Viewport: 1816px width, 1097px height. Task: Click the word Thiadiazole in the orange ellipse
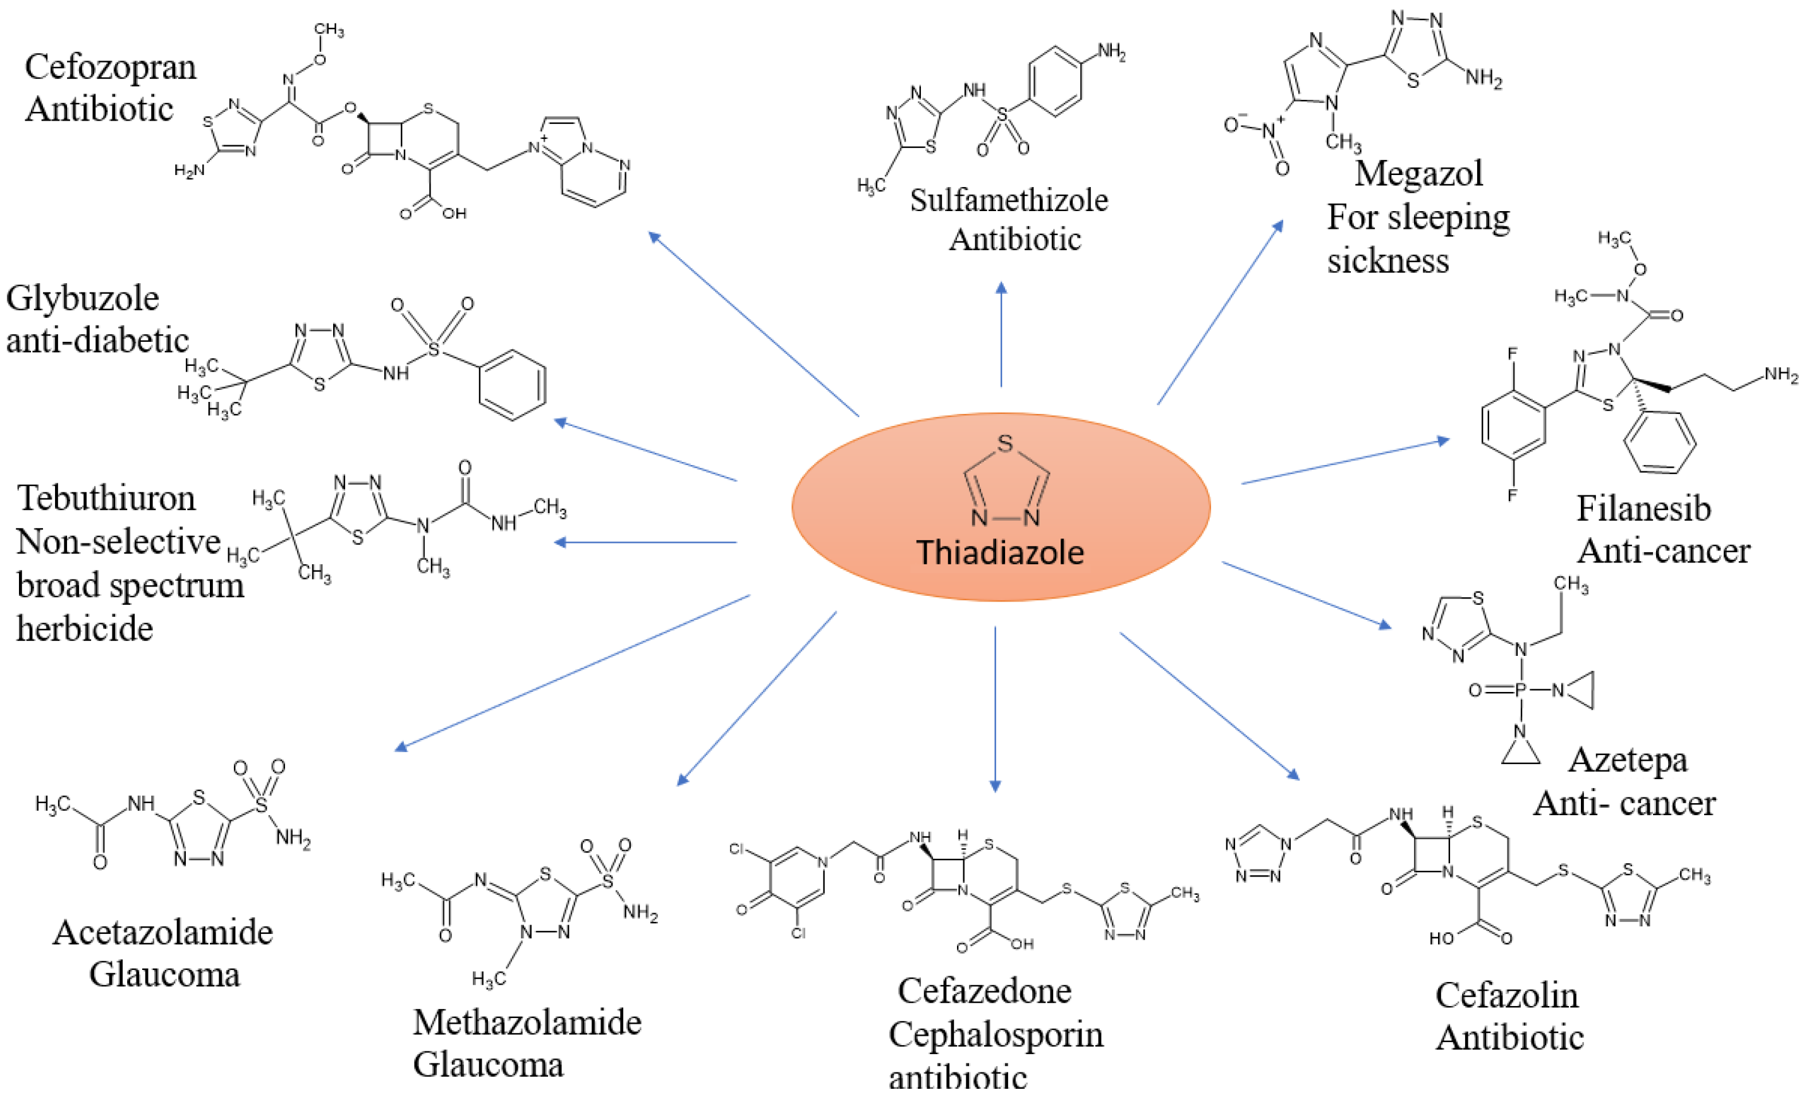(999, 552)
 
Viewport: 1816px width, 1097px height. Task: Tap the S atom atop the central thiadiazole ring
(1005, 444)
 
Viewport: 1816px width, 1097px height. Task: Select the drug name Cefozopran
(111, 68)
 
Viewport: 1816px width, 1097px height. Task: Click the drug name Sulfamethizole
(1008, 200)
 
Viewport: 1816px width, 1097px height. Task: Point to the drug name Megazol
(1418, 174)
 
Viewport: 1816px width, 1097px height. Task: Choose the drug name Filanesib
(1643, 509)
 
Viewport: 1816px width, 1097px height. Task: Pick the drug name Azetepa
(1628, 760)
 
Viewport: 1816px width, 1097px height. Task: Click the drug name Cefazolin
(1506, 996)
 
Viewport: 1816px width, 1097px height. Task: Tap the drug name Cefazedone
(984, 991)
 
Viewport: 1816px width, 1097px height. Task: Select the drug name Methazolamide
(527, 1022)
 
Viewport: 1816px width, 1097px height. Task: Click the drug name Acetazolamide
(163, 933)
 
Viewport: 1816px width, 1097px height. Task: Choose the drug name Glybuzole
(83, 299)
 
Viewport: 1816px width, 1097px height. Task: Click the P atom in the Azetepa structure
(1520, 690)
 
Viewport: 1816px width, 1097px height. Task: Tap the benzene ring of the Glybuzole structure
(512, 385)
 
